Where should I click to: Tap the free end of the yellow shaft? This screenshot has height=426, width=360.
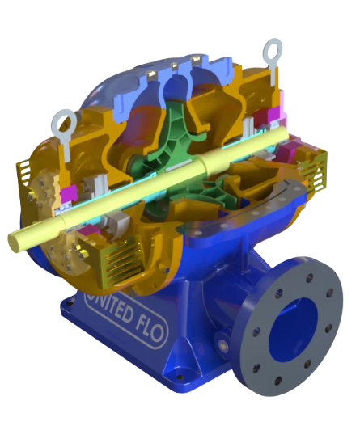(x=13, y=242)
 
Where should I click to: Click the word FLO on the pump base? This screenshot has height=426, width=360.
(x=149, y=329)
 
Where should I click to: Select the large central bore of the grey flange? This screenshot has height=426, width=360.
(x=293, y=330)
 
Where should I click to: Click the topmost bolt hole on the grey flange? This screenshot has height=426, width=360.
(x=309, y=278)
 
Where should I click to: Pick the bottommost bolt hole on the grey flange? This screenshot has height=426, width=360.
(x=277, y=381)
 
